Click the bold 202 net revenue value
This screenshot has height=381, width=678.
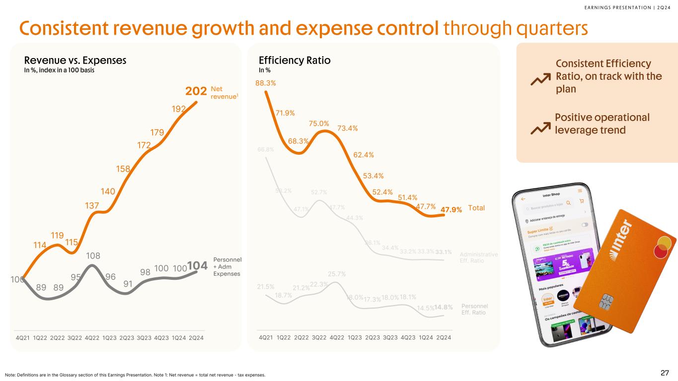point(196,92)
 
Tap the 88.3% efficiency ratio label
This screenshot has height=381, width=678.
point(266,83)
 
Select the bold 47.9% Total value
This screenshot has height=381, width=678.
point(451,209)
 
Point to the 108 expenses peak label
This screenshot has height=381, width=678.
point(92,256)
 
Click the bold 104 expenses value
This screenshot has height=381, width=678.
point(197,266)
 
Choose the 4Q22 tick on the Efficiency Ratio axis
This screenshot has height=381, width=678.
point(337,338)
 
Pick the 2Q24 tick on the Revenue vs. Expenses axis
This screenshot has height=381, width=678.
point(196,338)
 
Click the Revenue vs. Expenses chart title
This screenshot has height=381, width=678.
point(75,61)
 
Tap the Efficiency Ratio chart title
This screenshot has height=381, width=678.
point(295,61)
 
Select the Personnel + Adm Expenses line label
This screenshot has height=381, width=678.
point(227,266)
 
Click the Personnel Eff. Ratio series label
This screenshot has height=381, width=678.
point(475,309)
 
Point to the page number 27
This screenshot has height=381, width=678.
point(665,373)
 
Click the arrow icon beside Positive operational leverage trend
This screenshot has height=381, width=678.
point(540,129)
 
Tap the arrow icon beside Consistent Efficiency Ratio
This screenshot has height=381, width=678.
point(540,78)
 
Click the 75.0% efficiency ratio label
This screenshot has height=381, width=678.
point(319,124)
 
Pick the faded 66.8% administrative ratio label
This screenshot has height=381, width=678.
point(266,149)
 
